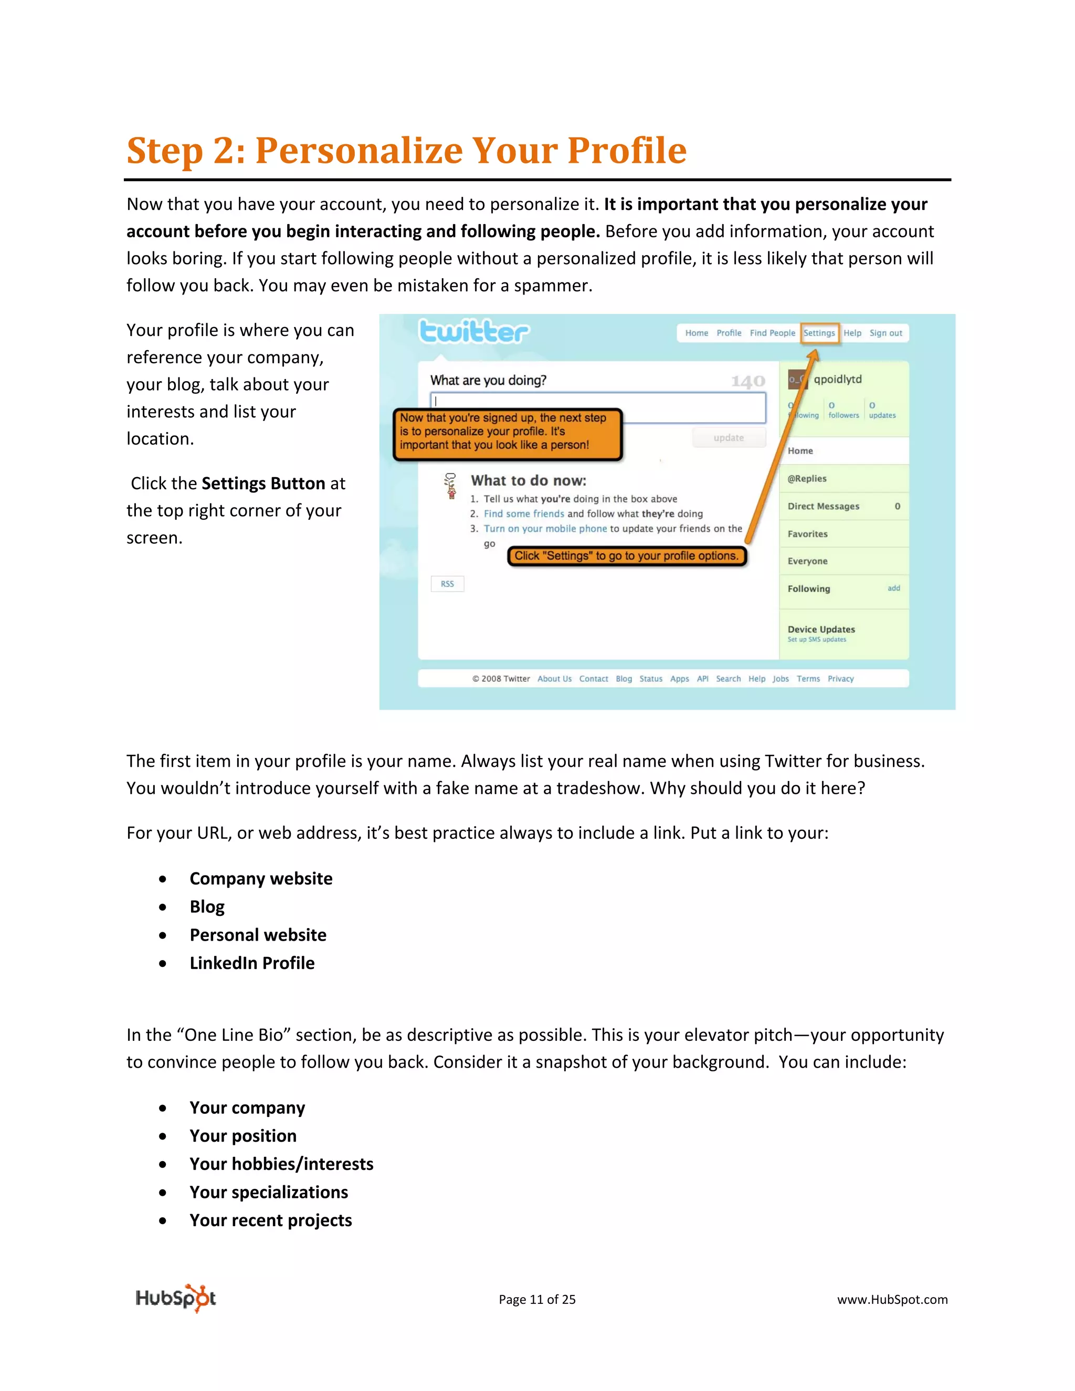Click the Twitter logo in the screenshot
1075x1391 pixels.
coord(474,332)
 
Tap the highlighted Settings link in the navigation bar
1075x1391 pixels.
coord(819,333)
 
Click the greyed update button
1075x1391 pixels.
coord(729,438)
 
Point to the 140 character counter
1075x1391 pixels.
coord(747,382)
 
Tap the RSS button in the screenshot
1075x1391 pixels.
coord(447,584)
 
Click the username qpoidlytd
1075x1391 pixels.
coord(837,380)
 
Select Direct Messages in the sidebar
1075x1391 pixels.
coord(824,507)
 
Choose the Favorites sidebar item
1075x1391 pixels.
coord(807,534)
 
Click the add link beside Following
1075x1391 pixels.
coord(893,588)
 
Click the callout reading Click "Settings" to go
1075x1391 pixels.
coord(626,556)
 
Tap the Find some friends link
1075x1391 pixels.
coord(523,514)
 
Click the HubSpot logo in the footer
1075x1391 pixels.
coord(176,1299)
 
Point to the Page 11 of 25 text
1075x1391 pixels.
coord(537,1300)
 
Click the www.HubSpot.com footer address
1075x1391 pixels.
coord(892,1300)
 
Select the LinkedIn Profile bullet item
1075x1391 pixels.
coord(252,963)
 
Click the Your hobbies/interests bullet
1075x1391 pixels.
coord(281,1164)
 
